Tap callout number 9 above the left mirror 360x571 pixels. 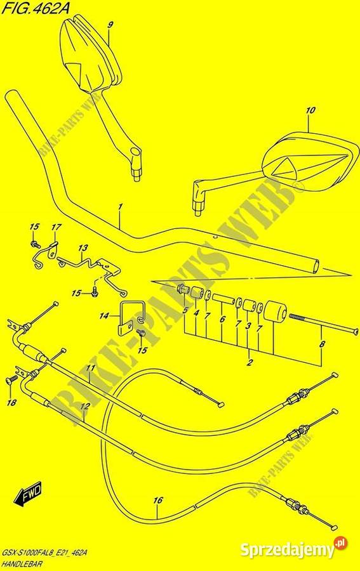pos(110,25)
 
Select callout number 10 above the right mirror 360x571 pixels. pos(311,110)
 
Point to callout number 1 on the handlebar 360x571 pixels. pos(120,207)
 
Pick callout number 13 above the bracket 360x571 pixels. pos(83,248)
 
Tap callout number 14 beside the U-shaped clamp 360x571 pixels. pos(104,316)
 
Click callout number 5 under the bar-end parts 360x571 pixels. pos(185,311)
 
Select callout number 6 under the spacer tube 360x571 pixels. pos(222,319)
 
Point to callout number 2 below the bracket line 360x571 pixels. pos(250,362)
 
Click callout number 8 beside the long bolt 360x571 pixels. pos(322,344)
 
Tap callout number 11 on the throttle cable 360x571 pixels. pos(90,369)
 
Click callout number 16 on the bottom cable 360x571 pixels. pos(157,501)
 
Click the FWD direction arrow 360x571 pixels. pos(29,494)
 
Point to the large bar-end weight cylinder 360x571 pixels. pos(276,312)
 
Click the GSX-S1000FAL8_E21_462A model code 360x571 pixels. pos(45,553)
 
